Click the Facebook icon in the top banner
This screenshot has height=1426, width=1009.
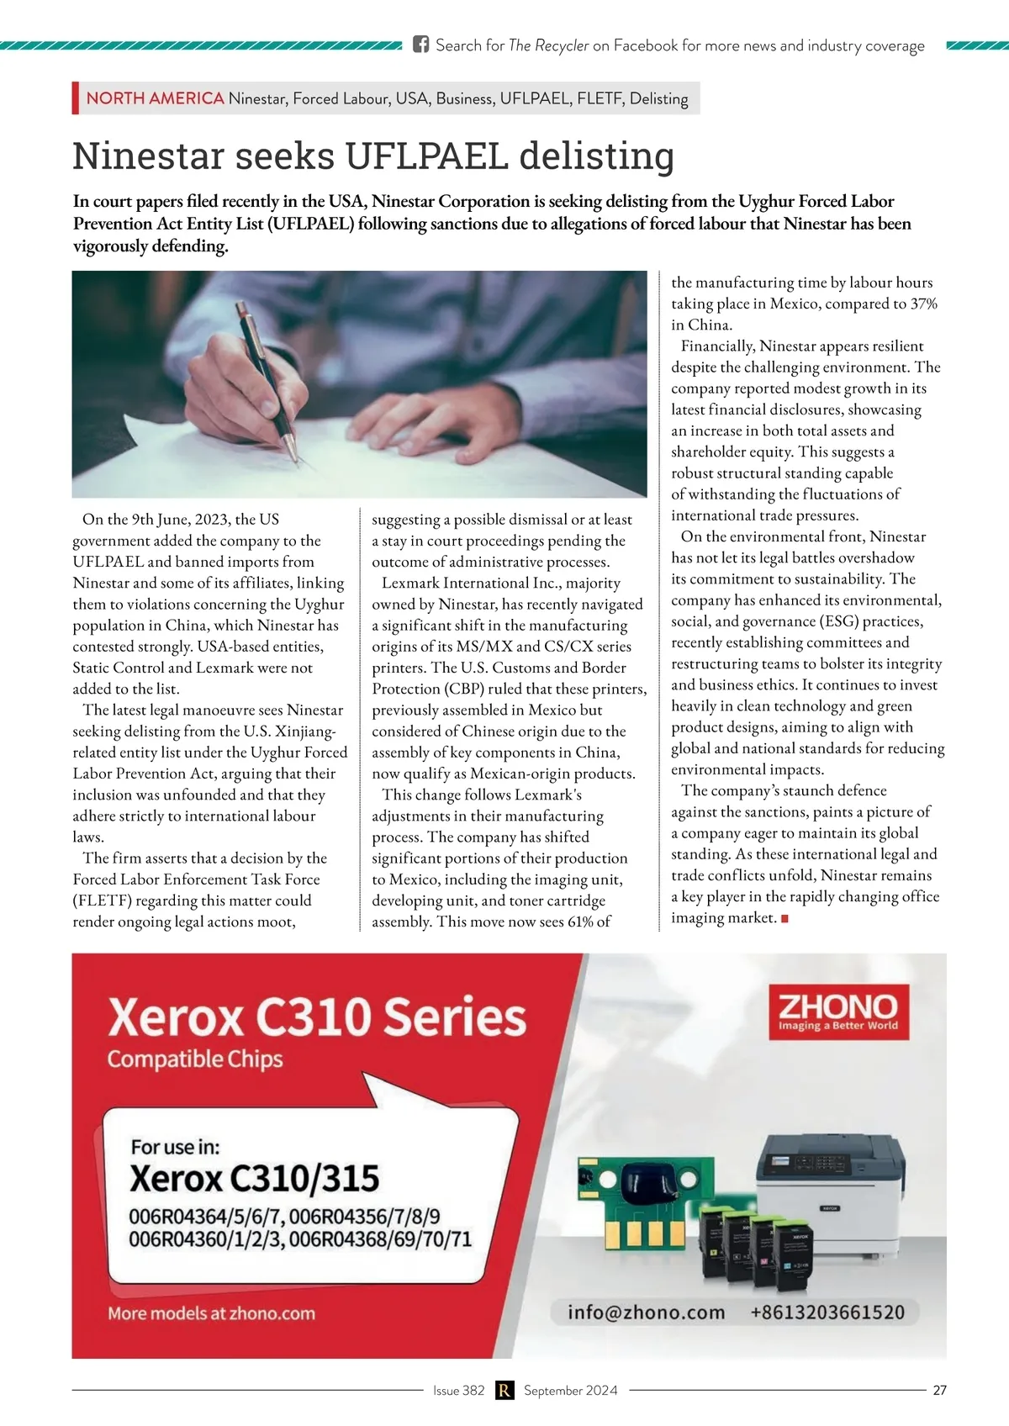420,45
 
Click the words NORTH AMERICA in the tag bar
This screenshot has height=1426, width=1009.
155,98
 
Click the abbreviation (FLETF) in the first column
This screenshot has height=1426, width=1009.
102,900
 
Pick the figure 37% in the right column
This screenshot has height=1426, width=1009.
923,304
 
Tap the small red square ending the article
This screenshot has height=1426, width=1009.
784,919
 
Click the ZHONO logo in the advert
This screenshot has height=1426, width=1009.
838,1011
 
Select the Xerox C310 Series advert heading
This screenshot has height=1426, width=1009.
317,1017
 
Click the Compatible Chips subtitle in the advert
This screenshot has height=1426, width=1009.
194,1059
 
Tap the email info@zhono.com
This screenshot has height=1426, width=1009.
646,1312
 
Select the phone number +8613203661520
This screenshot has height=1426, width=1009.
827,1312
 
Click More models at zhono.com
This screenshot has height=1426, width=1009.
211,1313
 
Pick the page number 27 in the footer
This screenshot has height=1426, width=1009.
939,1391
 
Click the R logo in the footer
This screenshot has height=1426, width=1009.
504,1391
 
